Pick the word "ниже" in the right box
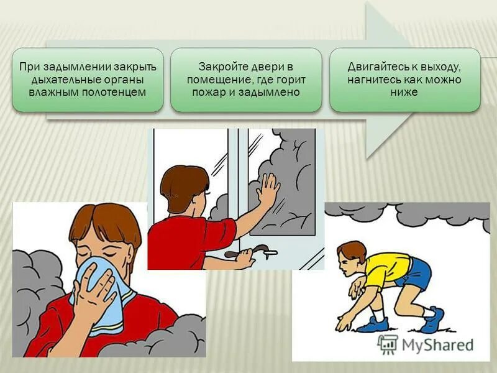(x=405, y=92)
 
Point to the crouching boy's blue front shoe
(x=372, y=323)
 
